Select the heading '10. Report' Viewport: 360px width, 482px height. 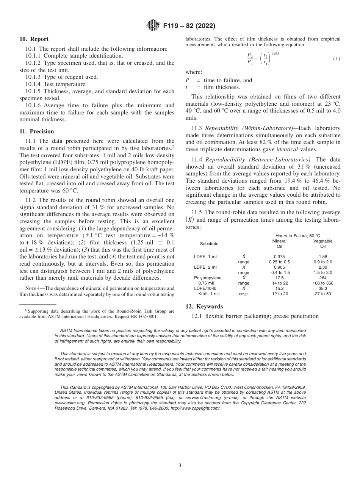[34, 39]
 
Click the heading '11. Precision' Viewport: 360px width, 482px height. [37, 131]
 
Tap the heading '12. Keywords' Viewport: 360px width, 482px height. [204, 307]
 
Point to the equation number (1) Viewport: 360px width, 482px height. [336, 59]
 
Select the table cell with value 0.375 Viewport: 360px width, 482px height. [279, 257]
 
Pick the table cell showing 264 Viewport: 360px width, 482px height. [323, 278]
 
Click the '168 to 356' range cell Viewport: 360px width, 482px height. [323, 283]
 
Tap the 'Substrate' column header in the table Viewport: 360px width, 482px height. [209, 244]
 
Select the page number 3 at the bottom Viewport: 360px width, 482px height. [180, 466]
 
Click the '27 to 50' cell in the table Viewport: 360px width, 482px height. [323, 294]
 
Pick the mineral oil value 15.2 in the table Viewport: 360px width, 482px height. [279, 288]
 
